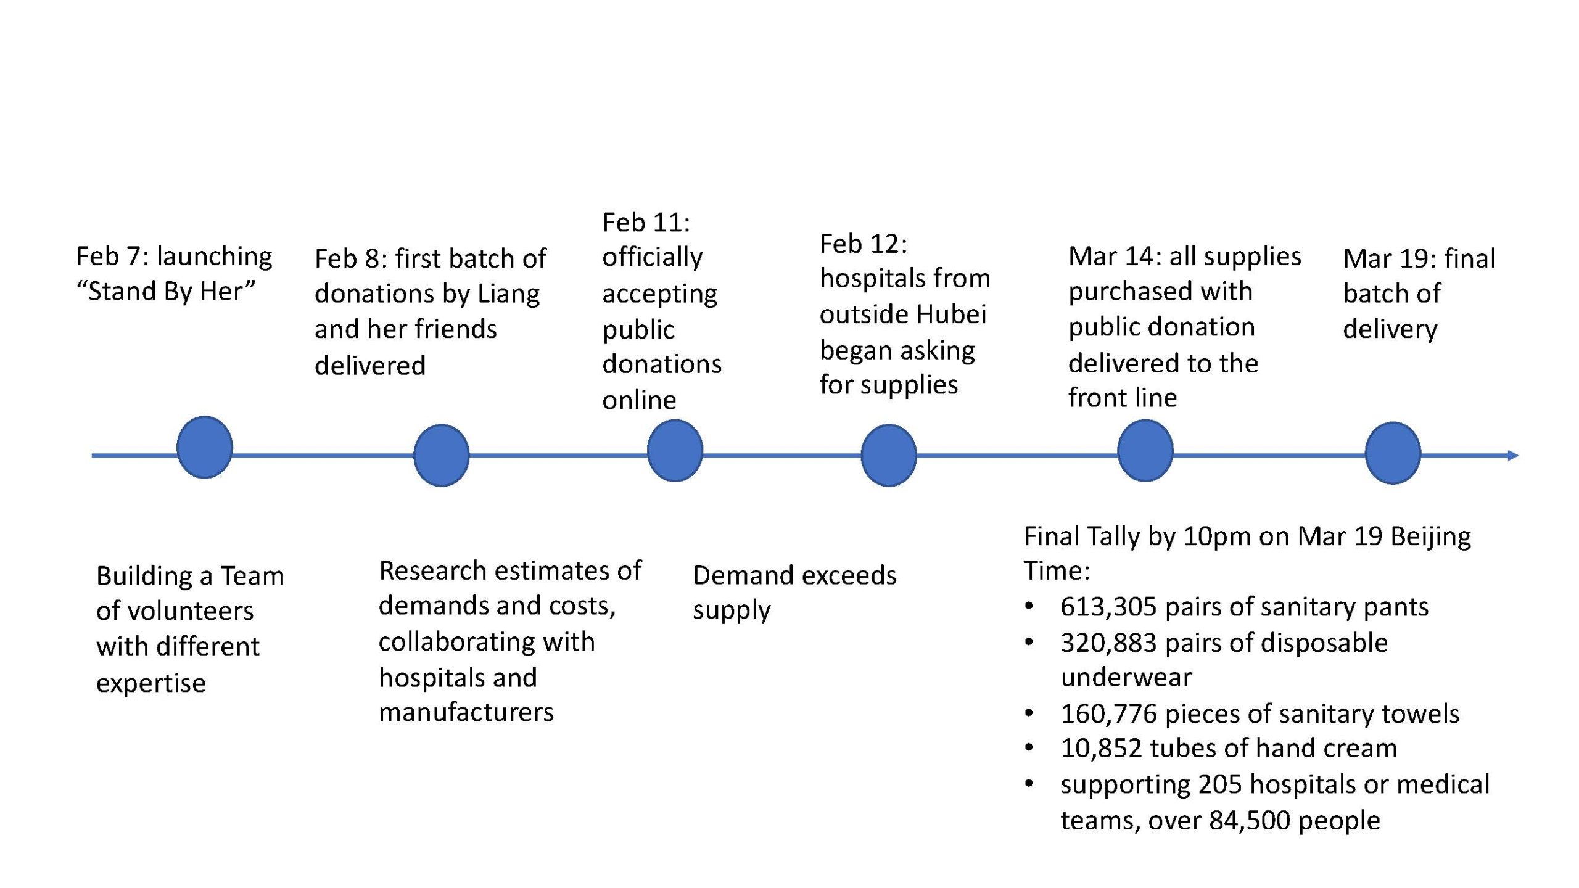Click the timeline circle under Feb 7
[204, 447]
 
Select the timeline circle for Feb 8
[441, 455]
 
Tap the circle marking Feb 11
[675, 450]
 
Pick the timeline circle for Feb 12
[888, 455]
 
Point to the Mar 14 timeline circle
[1145, 450]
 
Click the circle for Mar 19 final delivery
[1393, 453]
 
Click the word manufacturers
[466, 712]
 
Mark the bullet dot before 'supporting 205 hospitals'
[1028, 784]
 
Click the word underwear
[1126, 678]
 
